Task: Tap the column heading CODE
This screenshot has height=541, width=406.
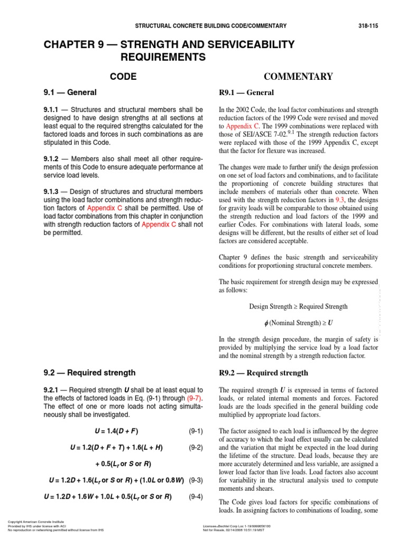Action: pos(123,77)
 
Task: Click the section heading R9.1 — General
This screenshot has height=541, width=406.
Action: pos(246,93)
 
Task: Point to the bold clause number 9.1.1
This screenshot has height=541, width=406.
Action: pos(53,109)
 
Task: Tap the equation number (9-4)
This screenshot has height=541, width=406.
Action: pos(196,497)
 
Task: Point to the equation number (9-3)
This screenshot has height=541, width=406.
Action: pos(196,480)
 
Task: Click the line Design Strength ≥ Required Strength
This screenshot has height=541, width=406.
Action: pos(298,306)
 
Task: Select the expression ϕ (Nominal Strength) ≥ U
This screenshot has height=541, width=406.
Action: pos(298,323)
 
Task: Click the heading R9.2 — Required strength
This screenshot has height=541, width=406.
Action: pos(263,373)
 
